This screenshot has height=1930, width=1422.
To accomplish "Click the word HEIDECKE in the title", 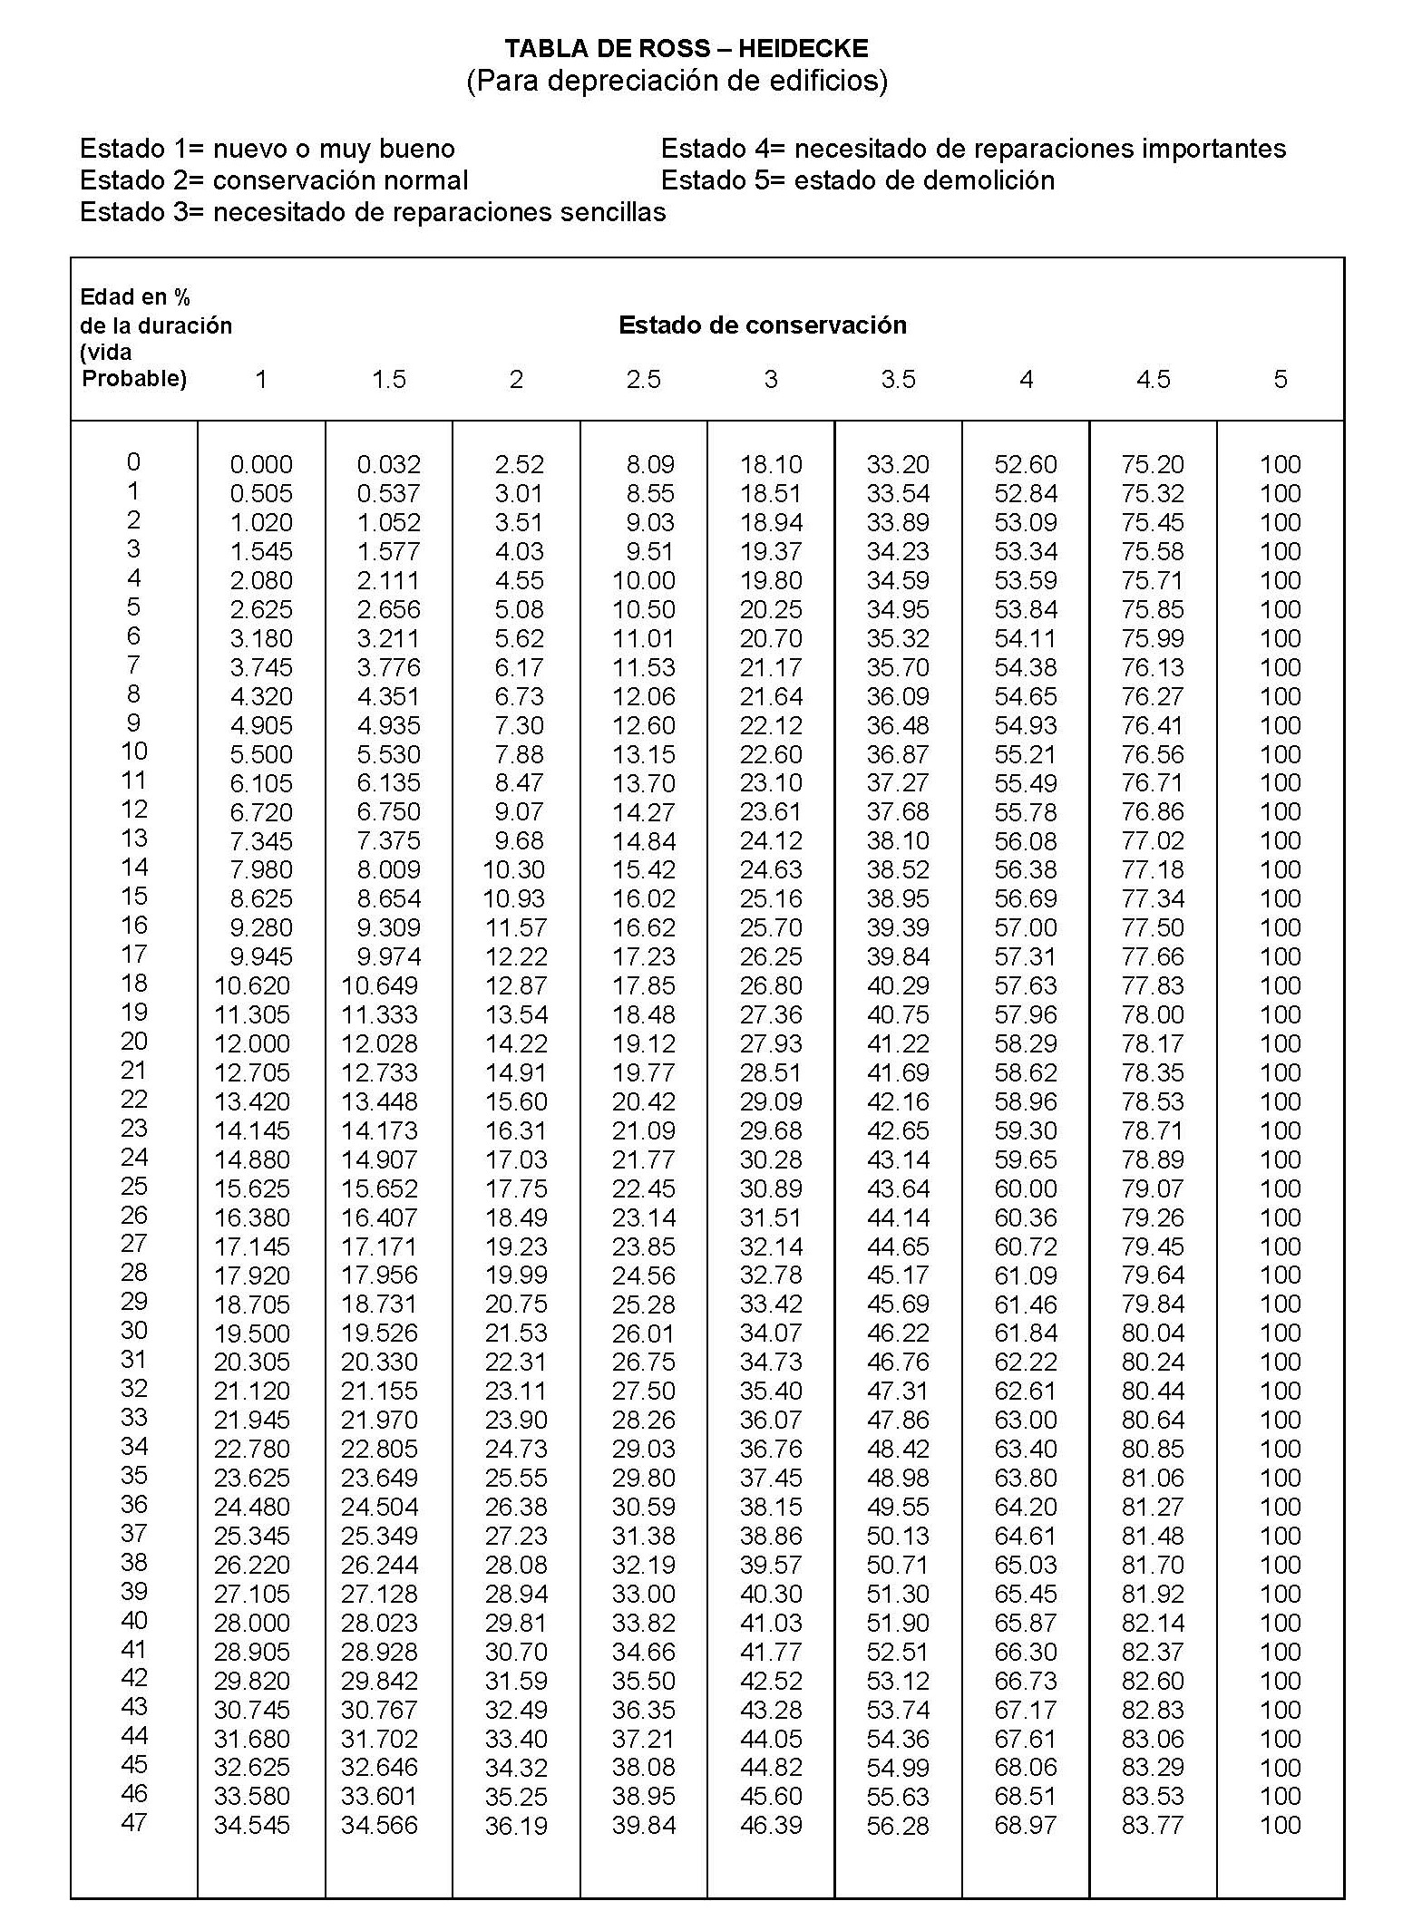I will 810,49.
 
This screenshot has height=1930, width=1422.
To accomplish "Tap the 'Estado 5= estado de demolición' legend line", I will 857,180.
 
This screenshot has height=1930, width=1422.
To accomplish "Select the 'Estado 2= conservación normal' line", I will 274,180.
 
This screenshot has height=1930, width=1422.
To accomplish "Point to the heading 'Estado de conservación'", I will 762,325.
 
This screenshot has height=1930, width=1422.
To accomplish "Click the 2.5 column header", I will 643,379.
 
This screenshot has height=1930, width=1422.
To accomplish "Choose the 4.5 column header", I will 1153,379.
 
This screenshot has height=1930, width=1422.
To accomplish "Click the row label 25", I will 133,1186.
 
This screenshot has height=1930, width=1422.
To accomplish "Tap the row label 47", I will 133,1822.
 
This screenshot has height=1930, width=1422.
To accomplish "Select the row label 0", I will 133,462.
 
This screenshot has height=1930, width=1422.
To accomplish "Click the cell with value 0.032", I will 388,465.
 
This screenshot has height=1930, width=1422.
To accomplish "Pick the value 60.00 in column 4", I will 1026,1188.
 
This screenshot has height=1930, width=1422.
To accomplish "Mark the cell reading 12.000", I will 252,1044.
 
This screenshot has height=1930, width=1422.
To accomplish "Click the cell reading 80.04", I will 1153,1334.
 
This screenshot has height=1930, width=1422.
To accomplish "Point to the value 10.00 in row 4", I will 643,581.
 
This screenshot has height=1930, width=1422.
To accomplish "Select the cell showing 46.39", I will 771,1825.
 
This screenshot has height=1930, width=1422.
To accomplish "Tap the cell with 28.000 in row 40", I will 252,1623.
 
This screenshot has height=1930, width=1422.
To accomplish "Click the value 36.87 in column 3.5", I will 898,754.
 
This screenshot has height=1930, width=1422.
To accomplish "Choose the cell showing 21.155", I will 379,1392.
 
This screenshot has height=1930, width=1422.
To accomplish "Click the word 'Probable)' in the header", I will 134,379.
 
